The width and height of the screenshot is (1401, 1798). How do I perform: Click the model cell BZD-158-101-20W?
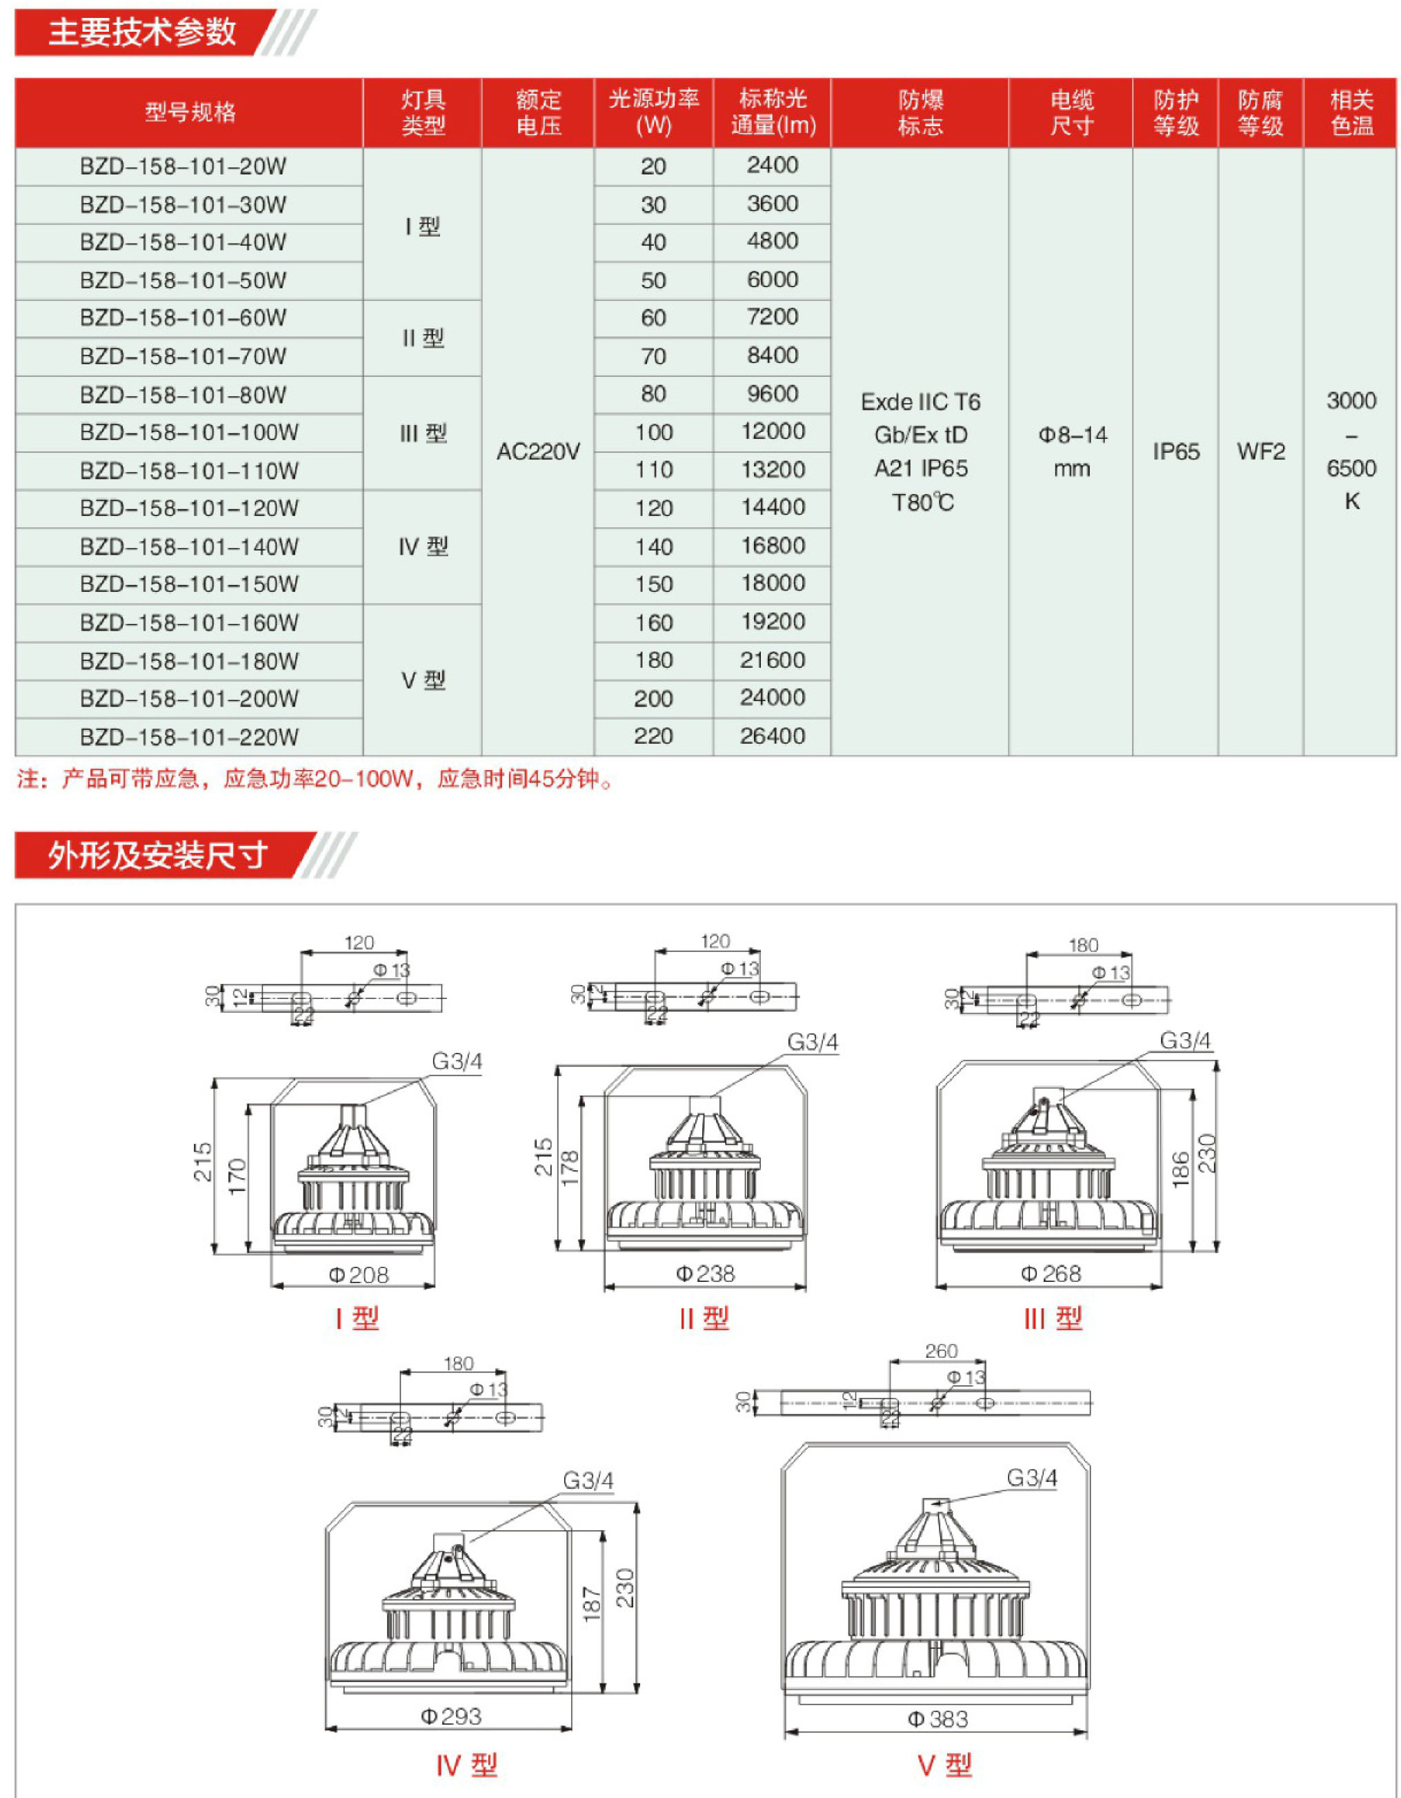(x=183, y=166)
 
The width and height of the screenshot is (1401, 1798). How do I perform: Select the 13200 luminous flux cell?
(x=772, y=470)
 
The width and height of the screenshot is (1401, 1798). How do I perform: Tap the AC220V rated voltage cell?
(x=537, y=452)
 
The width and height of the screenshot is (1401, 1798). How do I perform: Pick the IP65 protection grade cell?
(x=1175, y=452)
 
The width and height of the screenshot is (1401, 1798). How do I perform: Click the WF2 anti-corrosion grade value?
(x=1260, y=452)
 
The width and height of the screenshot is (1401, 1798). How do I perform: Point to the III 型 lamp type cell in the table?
(x=423, y=434)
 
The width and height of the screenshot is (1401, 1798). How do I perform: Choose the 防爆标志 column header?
(x=920, y=112)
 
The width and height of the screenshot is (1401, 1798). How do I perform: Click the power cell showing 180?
(x=653, y=660)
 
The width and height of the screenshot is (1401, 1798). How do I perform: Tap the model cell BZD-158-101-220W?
(x=188, y=737)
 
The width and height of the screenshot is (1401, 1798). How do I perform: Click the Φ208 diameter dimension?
(x=358, y=1275)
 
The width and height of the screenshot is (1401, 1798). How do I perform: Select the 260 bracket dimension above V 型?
(x=941, y=1351)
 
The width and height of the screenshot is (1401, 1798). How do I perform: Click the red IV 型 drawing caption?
(x=466, y=1765)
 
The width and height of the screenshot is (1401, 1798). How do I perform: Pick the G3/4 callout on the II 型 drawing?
(x=813, y=1043)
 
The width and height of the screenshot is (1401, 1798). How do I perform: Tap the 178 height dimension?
(x=570, y=1168)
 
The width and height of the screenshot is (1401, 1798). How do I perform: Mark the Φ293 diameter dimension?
(x=450, y=1717)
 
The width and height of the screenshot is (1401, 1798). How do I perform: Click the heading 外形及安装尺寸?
(x=158, y=856)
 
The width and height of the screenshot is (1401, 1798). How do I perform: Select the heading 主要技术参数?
(x=141, y=32)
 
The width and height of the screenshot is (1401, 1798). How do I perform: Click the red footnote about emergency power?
(x=315, y=779)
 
